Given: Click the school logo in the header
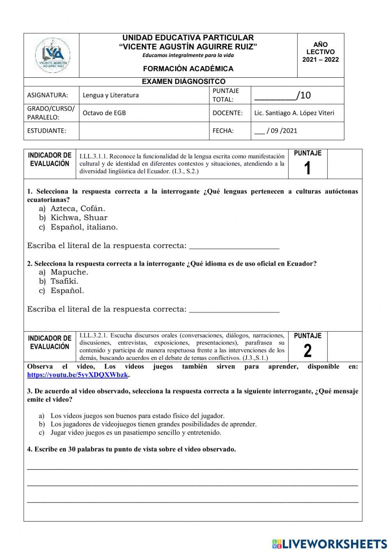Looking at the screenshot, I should coord(52,55).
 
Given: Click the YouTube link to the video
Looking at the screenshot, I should coord(78,375).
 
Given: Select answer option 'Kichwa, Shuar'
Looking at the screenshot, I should coord(78,218).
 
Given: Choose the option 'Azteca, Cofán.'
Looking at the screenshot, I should coord(78,208).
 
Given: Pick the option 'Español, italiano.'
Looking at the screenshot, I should coord(84,227).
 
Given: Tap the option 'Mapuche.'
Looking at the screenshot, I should coord(69,272).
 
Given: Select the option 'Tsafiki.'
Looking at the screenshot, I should coord(64,281).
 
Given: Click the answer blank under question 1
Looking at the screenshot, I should coord(234,246).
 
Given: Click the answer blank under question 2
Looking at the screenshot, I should coord(234,309).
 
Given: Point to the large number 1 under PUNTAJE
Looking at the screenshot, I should coord(307,168).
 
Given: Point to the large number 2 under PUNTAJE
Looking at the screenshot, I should coord(307,351).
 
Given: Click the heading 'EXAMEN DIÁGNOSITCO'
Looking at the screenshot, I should coord(184,82).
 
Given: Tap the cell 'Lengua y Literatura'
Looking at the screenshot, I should coord(111,95).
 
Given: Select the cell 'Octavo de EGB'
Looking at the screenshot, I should coord(104,113).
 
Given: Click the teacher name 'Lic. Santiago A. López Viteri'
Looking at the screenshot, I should coord(294,113).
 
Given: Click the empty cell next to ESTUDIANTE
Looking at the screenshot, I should coord(144,131).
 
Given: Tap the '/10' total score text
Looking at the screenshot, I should coord(303,95).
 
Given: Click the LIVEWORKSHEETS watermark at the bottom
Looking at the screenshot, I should coord(330,544).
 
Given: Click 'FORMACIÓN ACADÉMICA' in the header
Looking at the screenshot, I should coord(188,69).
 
